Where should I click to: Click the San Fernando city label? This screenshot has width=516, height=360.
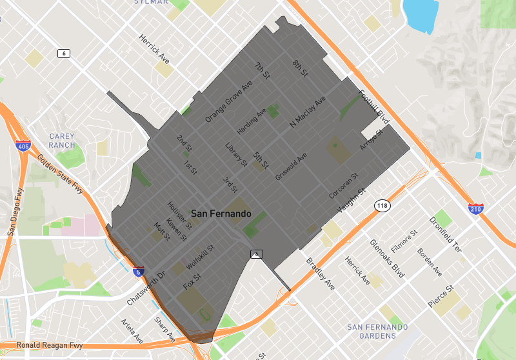221,214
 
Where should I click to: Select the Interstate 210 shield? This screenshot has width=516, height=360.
476,208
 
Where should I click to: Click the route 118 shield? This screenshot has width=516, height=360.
382,205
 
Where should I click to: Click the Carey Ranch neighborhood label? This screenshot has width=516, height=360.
62,141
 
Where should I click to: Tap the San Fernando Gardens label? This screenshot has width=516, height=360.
377,332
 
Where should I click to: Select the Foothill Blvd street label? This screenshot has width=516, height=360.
375,107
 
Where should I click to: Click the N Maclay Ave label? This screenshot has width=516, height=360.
308,112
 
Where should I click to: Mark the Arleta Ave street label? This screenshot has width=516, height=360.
132,330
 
